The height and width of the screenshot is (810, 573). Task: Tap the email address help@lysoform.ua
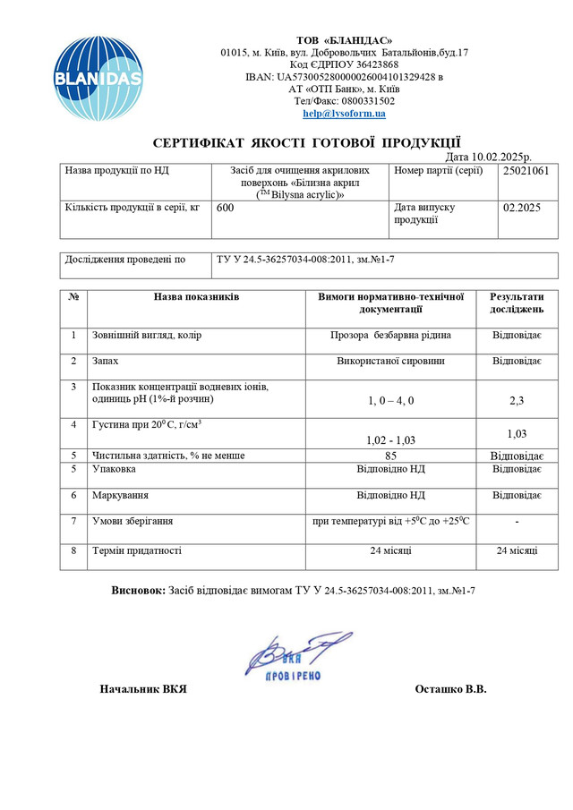[x=344, y=114]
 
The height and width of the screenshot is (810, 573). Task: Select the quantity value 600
[x=226, y=208]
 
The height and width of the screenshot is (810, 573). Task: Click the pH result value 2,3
[x=517, y=400]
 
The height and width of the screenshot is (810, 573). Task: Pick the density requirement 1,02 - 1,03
[x=391, y=439]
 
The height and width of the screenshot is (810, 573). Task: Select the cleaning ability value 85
[x=390, y=456]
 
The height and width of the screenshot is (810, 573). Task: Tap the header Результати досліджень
[x=517, y=303]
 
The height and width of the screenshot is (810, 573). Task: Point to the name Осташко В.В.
[x=451, y=690]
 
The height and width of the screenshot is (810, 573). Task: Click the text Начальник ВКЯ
[x=143, y=690]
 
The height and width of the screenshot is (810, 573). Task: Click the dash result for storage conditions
[x=517, y=522]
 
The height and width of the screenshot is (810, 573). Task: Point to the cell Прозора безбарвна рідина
[x=390, y=336]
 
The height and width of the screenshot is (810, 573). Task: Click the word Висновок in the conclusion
[x=138, y=592]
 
